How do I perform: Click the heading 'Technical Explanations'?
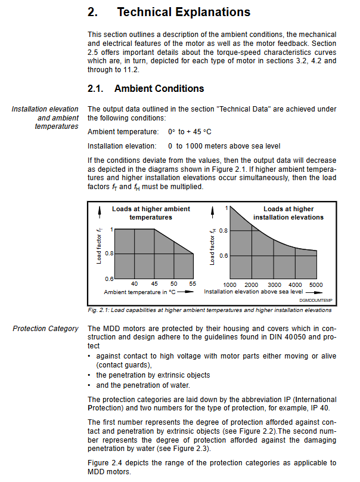point(184,12)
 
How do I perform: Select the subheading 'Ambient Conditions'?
point(159,89)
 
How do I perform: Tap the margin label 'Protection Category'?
point(45,329)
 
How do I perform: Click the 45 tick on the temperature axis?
point(154,284)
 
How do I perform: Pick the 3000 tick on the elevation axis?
point(274,285)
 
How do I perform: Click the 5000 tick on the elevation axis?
point(316,285)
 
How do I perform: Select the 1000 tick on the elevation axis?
point(229,285)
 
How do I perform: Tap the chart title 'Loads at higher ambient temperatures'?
point(151,213)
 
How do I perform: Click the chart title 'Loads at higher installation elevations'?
point(288,213)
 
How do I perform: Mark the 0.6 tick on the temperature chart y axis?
point(110,279)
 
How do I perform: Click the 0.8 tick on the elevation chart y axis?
point(223,230)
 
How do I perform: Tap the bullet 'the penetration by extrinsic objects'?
point(153,375)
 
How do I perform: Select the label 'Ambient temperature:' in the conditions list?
point(123,131)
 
